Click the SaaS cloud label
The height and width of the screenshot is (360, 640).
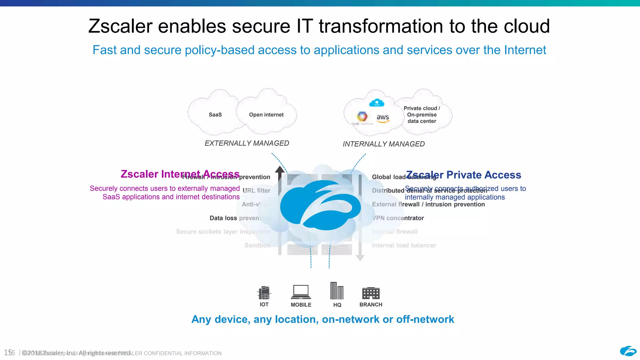[215, 115]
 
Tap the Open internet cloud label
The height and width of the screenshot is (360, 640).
[266, 115]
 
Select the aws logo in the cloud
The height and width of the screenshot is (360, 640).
[383, 118]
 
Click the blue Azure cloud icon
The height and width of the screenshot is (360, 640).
[377, 102]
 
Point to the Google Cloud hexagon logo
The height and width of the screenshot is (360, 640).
[362, 117]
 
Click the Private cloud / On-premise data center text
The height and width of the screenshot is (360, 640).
[422, 115]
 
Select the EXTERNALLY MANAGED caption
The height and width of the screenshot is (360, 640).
[247, 143]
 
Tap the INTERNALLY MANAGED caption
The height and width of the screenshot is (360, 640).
[383, 144]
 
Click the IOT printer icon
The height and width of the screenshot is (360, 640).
[264, 292]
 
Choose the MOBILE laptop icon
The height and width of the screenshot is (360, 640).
[301, 292]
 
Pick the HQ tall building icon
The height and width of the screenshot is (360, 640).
[337, 291]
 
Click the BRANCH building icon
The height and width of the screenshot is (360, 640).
[371, 293]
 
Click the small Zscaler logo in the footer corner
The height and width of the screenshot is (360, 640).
[628, 351]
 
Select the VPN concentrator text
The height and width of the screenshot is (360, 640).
[398, 218]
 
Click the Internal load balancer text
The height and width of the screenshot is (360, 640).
[404, 246]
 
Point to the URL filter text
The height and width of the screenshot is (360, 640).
[256, 191]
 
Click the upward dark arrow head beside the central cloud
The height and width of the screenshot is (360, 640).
[280, 170]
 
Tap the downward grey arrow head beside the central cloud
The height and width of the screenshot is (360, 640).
[360, 258]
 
